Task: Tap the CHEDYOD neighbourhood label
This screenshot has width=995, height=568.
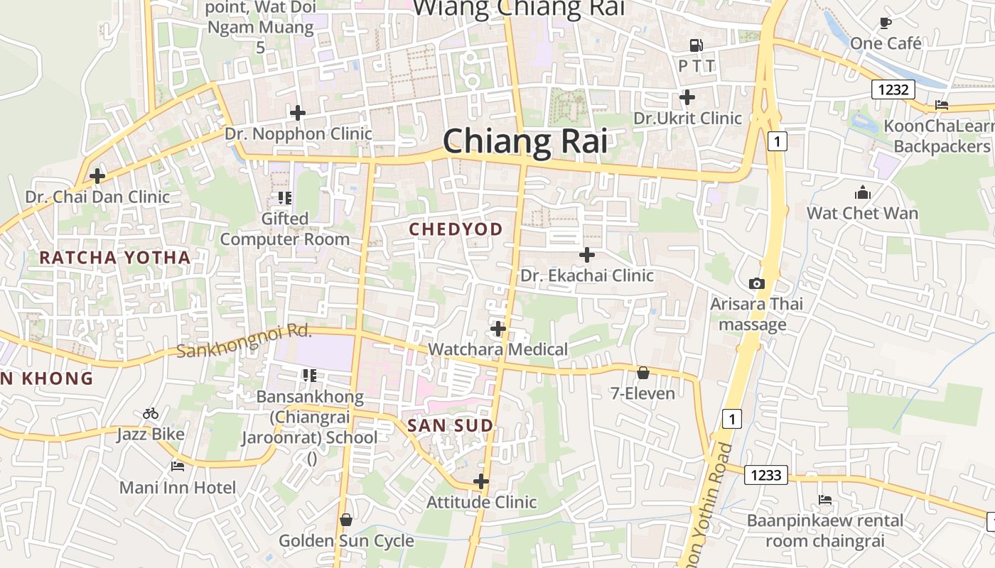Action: (x=456, y=229)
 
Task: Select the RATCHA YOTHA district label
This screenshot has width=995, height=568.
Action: (x=115, y=258)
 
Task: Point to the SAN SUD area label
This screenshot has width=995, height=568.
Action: (x=450, y=426)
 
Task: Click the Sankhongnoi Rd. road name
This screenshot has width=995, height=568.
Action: (x=244, y=341)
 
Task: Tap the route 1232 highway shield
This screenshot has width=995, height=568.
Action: (x=893, y=89)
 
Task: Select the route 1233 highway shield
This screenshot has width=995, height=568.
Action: (x=766, y=475)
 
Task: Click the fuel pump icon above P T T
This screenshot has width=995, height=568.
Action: (x=696, y=45)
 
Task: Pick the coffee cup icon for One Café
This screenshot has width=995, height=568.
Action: (x=886, y=23)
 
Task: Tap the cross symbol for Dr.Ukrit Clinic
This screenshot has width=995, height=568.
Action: (x=687, y=97)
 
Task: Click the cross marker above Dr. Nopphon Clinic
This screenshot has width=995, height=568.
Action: (x=298, y=113)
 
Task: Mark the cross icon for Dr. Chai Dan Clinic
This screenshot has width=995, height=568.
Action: (x=97, y=176)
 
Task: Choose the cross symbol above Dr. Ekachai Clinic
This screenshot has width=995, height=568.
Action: (x=587, y=255)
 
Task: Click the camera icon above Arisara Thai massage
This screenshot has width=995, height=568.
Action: (x=757, y=284)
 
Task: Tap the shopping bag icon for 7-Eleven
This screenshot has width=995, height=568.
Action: (x=643, y=373)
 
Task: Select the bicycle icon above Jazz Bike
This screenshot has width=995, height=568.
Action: (x=151, y=413)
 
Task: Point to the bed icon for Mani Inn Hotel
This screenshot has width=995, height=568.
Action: (x=178, y=466)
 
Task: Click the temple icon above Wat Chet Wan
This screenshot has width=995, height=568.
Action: (x=862, y=192)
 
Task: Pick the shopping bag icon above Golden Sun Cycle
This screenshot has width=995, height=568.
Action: (x=346, y=520)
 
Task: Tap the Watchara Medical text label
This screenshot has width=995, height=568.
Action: (x=497, y=349)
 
